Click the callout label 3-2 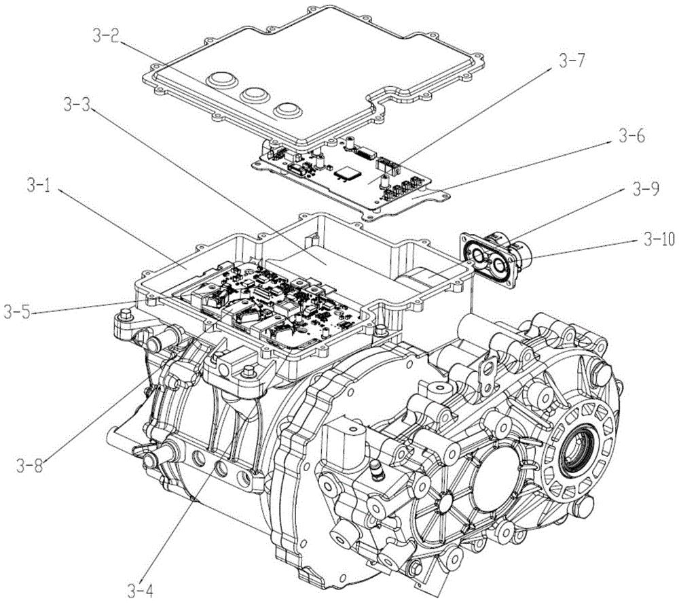coord(106,36)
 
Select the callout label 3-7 coord(572,62)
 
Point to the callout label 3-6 coord(631,136)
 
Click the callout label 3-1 coord(39,186)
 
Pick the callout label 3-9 coord(646,189)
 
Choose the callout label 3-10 coord(659,240)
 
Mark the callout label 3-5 coord(18,312)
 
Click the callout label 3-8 coord(30,466)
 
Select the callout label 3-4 coord(141,590)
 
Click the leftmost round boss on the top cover coord(221,80)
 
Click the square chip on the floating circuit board coord(347,173)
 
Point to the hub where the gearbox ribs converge coord(444,501)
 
